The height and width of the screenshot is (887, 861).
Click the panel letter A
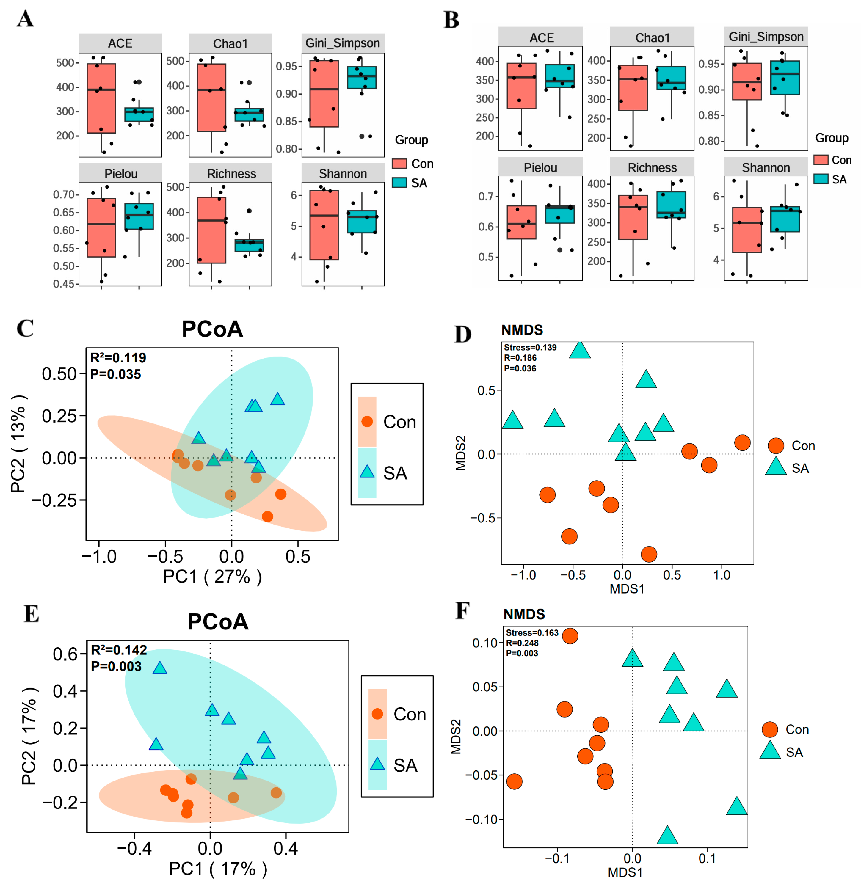[x=25, y=19]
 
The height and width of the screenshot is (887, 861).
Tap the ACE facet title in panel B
[x=541, y=37]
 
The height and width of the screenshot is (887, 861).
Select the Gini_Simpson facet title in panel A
[x=342, y=43]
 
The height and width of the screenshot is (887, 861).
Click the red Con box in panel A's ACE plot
[x=101, y=98]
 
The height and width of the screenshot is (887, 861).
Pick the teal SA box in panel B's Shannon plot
[x=785, y=219]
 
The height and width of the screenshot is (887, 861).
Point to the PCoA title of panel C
[x=212, y=329]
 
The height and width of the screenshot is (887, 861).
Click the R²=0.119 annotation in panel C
[x=118, y=358]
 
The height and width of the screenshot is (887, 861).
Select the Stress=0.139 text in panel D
[x=530, y=348]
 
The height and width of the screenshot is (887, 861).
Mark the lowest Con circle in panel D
[x=649, y=554]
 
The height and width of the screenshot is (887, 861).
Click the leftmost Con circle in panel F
[x=514, y=781]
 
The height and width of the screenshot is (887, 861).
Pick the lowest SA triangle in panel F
[x=667, y=835]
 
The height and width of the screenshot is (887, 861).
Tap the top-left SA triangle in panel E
[x=160, y=668]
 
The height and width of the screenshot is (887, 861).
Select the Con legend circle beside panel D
[x=776, y=446]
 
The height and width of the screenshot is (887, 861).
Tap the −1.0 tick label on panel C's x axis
[x=99, y=557]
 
